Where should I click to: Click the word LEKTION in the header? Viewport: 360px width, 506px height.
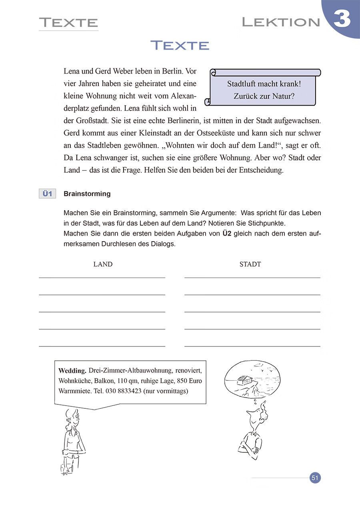point(281,22)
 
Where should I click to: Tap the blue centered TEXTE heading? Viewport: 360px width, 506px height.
point(180,46)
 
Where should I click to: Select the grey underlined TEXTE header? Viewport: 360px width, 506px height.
point(68,22)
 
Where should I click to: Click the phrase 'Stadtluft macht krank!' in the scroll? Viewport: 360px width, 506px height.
point(264,84)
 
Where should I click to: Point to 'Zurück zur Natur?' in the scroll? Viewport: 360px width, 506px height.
point(264,96)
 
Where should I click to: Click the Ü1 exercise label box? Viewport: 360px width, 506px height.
point(47,194)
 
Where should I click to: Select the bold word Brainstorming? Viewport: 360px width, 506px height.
point(87,194)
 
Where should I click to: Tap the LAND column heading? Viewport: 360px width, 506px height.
point(103,264)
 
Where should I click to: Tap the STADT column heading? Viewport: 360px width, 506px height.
point(250,264)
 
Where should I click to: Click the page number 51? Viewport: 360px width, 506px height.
point(315,478)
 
